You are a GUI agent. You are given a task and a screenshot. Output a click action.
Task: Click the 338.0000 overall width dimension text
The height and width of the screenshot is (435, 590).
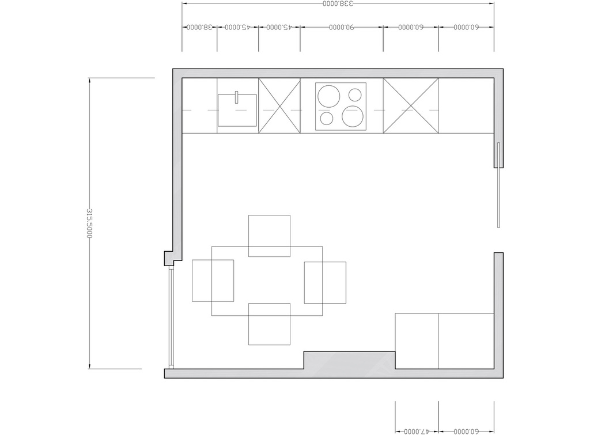point(338,4)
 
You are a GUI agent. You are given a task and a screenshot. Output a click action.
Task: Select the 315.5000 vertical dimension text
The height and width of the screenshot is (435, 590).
point(89,223)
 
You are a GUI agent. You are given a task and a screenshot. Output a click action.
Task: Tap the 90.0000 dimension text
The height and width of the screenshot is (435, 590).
point(341,27)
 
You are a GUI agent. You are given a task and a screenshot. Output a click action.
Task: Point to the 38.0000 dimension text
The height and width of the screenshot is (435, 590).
point(200,27)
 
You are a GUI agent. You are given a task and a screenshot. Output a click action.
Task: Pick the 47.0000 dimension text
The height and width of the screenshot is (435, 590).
point(417,431)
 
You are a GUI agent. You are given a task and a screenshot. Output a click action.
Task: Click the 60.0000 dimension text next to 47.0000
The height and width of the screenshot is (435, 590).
point(466,431)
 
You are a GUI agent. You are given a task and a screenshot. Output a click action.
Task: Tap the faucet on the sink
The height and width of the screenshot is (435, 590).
point(237,97)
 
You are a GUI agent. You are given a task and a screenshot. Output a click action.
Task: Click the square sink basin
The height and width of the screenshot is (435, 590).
point(237,110)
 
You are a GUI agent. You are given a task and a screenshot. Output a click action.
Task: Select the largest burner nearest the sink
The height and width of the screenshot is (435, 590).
point(329,96)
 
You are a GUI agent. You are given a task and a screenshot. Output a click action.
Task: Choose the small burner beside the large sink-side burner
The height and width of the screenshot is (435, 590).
point(355,95)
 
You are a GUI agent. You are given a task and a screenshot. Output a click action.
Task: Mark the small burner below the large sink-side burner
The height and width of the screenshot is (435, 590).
point(327,119)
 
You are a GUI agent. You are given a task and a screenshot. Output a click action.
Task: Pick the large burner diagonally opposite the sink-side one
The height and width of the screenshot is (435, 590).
point(353,116)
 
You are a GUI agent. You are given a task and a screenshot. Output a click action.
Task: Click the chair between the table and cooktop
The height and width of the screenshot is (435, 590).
point(270,236)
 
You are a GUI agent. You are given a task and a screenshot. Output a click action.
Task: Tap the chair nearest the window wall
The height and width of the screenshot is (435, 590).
point(213,281)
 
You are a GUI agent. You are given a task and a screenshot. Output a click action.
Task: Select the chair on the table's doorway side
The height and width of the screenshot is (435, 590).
point(325,282)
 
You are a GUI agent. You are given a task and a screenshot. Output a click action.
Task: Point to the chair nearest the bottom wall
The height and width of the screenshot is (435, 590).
point(270,324)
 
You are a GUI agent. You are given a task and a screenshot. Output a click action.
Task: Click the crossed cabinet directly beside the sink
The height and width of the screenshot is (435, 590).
point(279,106)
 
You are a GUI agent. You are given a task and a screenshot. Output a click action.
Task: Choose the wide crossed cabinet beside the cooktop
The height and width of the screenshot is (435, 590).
point(411,106)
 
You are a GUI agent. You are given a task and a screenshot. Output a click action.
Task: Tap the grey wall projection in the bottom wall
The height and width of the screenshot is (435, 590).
point(350,360)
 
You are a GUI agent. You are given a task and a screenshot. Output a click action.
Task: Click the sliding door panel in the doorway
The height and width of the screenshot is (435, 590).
point(498,185)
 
